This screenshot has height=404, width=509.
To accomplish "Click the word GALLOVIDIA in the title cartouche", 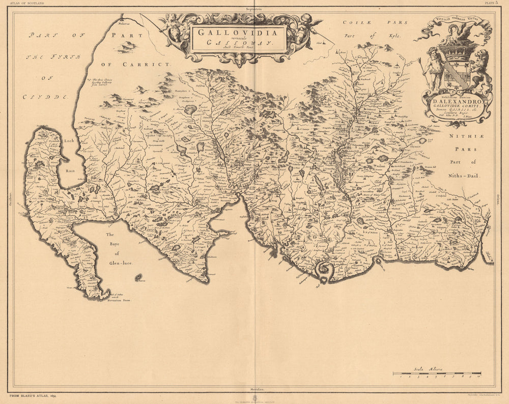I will (238, 32).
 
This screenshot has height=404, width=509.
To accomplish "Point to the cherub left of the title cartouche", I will (173, 27).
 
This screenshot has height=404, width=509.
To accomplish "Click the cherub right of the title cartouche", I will (305, 27).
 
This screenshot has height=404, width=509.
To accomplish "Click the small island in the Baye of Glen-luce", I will (138, 277).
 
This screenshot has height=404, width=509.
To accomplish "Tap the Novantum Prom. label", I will (119, 300).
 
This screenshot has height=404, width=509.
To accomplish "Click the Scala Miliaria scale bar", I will (438, 374).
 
